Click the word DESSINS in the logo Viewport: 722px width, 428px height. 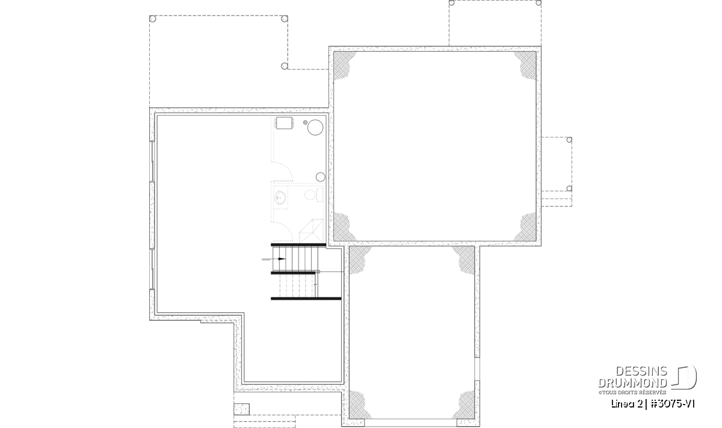click(641, 371)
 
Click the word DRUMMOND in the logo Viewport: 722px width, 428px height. click(632, 383)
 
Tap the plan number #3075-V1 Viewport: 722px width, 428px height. click(673, 404)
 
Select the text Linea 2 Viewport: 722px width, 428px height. click(626, 404)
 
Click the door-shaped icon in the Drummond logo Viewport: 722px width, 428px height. click(684, 377)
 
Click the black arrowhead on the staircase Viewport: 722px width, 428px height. click(282, 259)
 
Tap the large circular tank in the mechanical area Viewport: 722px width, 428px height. click(315, 128)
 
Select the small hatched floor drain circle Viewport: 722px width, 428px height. click(305, 123)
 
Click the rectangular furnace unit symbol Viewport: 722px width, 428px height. click(284, 123)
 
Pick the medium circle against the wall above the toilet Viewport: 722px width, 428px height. click(320, 177)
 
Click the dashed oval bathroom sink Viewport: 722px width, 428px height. click(280, 197)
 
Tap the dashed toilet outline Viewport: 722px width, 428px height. click(313, 195)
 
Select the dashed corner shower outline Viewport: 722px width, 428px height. click(312, 231)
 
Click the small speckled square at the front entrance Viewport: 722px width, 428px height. click(241, 409)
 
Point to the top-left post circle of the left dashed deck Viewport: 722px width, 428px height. click(153, 19)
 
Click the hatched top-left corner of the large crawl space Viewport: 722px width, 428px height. click(344, 64)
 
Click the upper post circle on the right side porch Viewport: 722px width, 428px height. click(569, 140)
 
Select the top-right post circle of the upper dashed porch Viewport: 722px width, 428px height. click(538, 3)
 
